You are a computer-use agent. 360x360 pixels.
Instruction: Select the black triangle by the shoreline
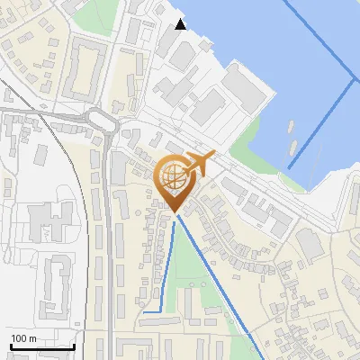click(181, 24)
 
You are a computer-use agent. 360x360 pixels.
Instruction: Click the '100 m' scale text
click(23, 338)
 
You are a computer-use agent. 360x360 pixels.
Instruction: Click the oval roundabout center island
click(101, 120)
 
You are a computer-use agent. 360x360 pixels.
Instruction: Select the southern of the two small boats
click(293, 145)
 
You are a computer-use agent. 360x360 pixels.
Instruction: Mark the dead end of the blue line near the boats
click(291, 167)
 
